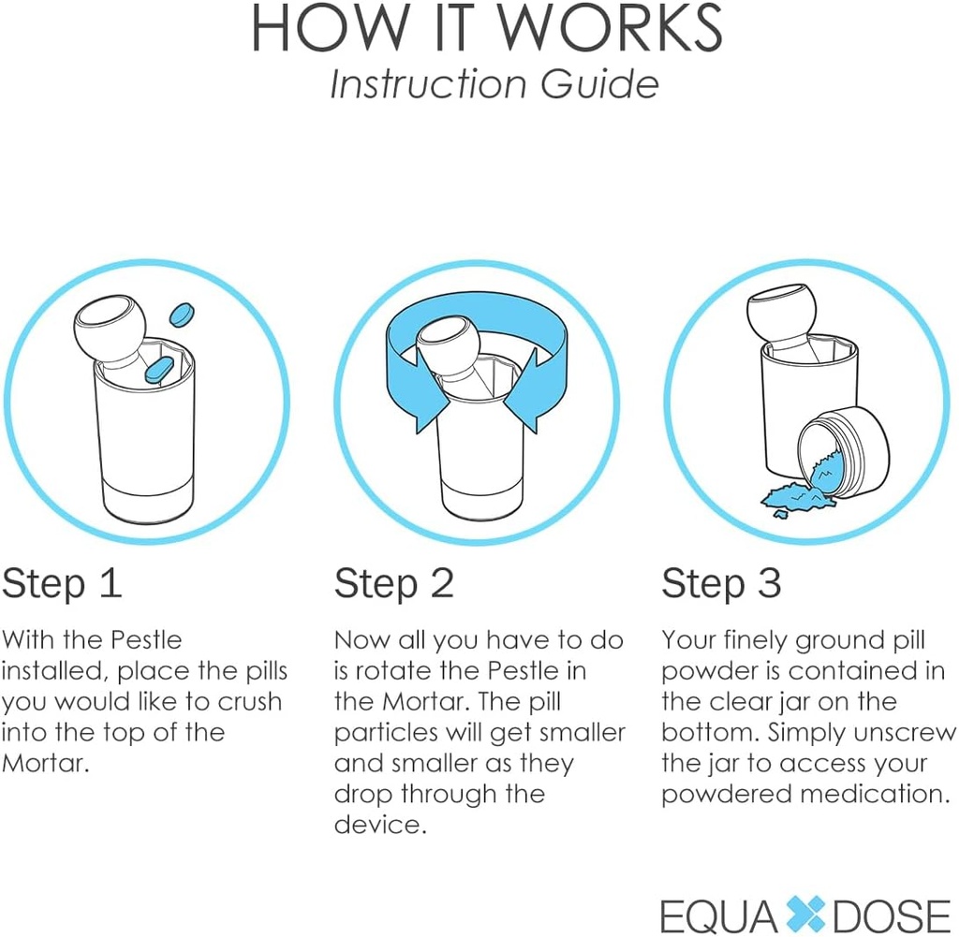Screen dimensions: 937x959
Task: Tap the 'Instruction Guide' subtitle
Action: pos(494,84)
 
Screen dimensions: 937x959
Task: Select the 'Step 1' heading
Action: pos(62,583)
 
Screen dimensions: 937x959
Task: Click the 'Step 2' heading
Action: pos(393,583)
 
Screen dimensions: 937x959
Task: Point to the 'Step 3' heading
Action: pos(721,583)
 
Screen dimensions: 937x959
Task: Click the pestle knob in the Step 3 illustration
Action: pos(782,316)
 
